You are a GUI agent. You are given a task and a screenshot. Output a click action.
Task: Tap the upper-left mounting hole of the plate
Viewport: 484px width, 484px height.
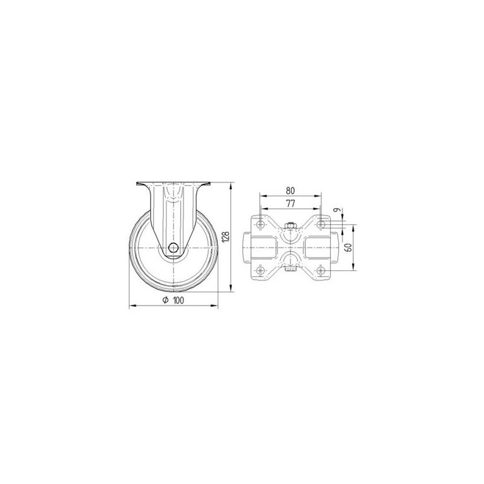(x=261, y=224)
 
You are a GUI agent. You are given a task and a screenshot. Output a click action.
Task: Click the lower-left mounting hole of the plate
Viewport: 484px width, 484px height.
(x=261, y=270)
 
